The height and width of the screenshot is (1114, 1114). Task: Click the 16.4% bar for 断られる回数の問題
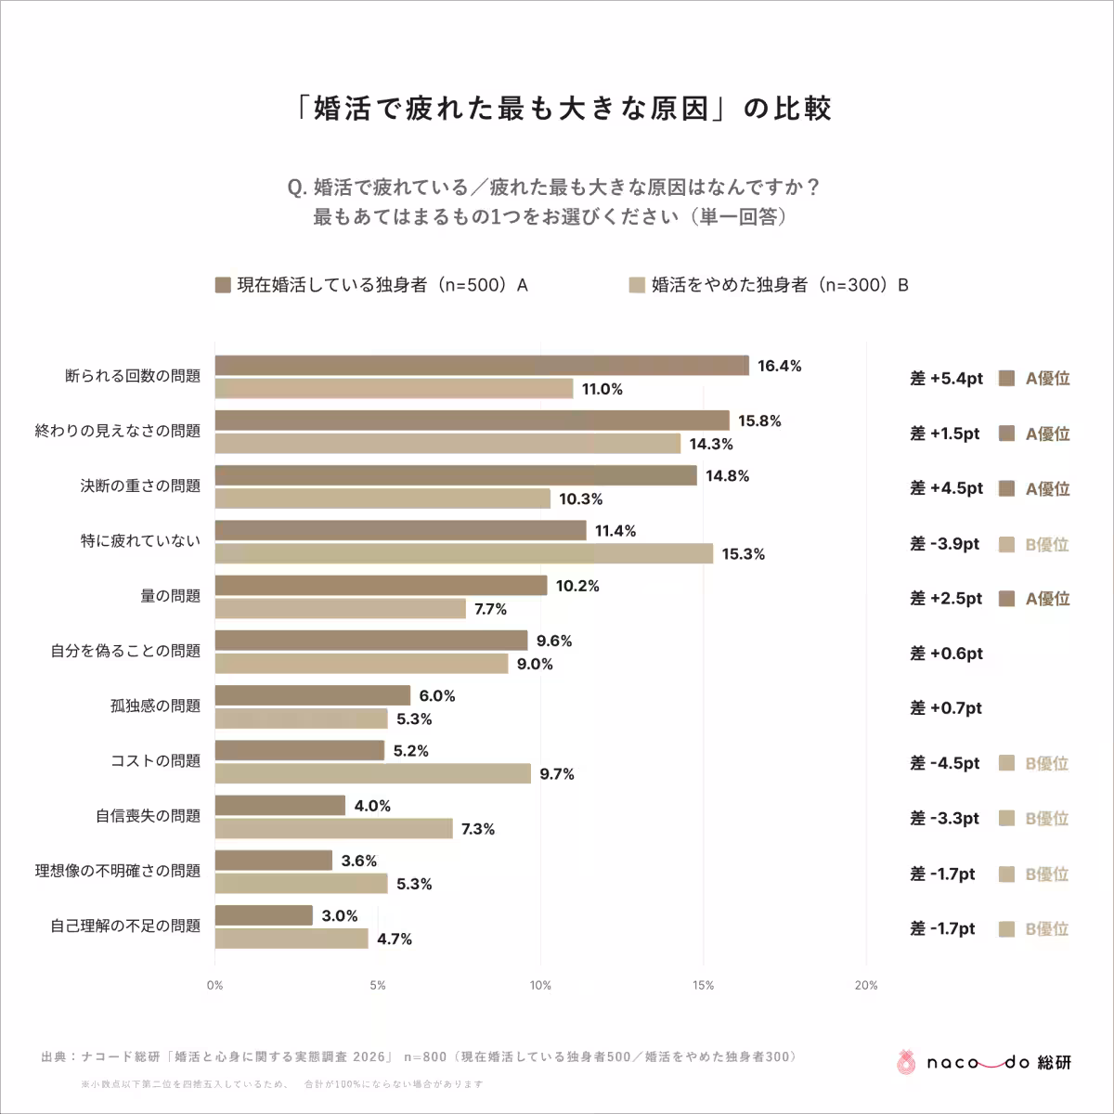[x=482, y=366]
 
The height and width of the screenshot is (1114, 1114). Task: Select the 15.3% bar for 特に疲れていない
[x=464, y=554]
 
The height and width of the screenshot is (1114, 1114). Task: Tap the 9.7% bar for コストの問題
[x=373, y=773]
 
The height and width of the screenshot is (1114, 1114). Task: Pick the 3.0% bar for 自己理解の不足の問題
[x=264, y=915]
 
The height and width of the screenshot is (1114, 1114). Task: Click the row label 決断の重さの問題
[x=140, y=486]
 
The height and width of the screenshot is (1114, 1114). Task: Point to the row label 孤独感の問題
[x=155, y=706]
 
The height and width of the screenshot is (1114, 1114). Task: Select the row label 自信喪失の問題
[x=148, y=816]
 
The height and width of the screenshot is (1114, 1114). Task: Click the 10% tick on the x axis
[x=540, y=986]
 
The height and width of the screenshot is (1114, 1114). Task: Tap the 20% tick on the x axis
[x=865, y=986]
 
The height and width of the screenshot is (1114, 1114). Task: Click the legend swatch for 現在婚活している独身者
[x=223, y=285]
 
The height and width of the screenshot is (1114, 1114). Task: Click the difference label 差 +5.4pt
[x=946, y=379]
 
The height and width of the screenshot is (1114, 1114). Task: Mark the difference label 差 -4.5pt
[x=944, y=764]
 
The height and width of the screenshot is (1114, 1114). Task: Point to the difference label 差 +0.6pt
[x=946, y=654]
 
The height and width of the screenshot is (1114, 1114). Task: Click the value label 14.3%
[x=711, y=445]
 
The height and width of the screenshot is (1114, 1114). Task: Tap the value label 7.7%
[x=490, y=610]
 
